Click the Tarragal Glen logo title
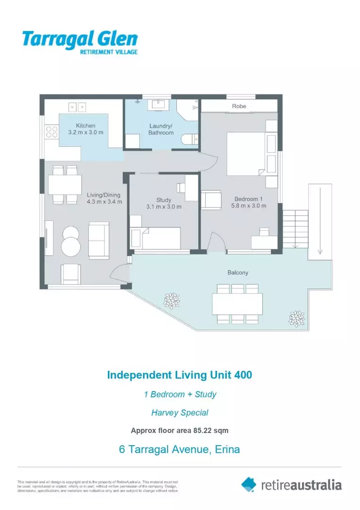tap(79, 39)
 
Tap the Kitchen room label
tap(86, 126)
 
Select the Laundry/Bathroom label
tap(161, 129)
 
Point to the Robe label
tap(239, 107)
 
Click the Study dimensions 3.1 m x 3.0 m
tap(164, 207)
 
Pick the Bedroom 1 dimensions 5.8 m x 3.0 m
tap(249, 205)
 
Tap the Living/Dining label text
tap(104, 195)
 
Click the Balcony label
tap(238, 272)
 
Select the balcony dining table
tap(237, 304)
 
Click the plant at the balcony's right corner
tap(297, 318)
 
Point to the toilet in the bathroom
tap(190, 138)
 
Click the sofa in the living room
tap(99, 240)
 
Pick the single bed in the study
tap(160, 238)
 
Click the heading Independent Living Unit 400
tap(179, 375)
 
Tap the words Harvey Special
tap(179, 412)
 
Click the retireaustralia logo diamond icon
tap(249, 484)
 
